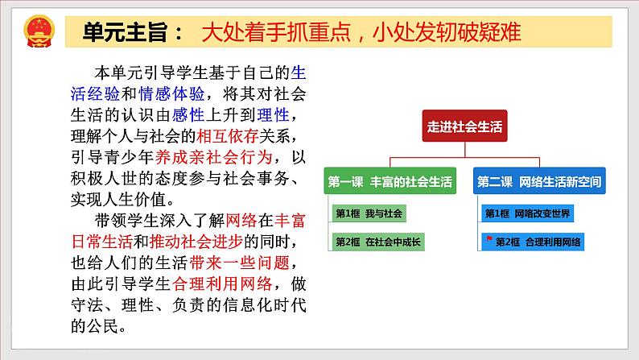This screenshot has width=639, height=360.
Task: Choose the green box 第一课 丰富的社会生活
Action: [x=390, y=182]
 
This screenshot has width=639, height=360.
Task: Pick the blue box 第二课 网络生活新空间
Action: [x=539, y=182]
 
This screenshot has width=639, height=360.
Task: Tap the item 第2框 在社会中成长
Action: [x=382, y=241]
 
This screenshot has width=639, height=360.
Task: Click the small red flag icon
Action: [x=487, y=240]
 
